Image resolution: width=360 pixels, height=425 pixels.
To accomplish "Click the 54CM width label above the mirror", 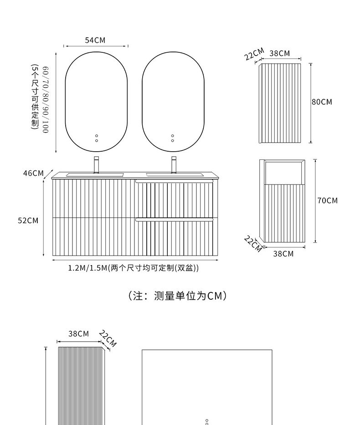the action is click(95, 41).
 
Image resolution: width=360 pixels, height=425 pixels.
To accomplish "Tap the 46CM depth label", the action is click(33, 173).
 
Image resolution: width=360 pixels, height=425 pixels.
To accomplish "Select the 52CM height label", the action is click(28, 220).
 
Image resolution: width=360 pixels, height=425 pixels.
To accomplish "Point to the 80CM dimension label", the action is click(322, 102).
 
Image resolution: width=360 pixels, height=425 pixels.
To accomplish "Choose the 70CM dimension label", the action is click(327, 200).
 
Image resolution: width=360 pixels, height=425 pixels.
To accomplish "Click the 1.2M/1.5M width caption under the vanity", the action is click(134, 268).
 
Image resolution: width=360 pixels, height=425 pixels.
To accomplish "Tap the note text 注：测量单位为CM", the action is click(178, 296).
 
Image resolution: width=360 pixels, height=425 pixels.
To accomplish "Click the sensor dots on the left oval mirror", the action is click(97, 138).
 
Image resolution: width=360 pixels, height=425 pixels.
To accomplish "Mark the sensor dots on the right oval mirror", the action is click(173, 138).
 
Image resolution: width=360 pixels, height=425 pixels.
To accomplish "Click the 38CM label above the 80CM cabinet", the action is click(279, 53).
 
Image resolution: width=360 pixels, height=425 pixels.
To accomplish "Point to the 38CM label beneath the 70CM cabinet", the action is click(283, 254).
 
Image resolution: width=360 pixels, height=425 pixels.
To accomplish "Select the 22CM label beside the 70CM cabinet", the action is click(253, 243).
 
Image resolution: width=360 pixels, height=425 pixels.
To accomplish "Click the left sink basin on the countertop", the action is click(95, 174).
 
